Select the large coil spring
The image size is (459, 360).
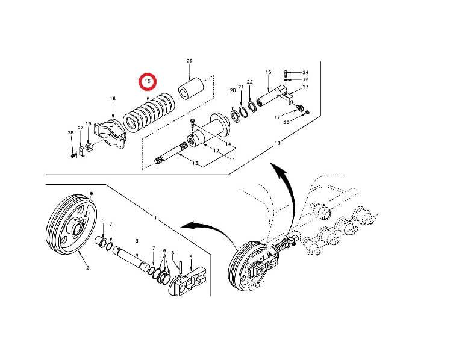[x=149, y=113]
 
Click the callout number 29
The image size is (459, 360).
[x=190, y=61]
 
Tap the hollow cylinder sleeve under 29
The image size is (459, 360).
[x=191, y=88]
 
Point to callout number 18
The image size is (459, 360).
[x=113, y=98]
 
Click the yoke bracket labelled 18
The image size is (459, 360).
[x=110, y=134]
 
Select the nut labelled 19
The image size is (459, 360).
[x=89, y=146]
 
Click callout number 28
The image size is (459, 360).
[x=70, y=133]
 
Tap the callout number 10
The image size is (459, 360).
[x=278, y=143]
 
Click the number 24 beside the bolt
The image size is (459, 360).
[x=305, y=72]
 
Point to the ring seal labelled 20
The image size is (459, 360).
[x=235, y=114]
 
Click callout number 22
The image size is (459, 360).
[x=250, y=82]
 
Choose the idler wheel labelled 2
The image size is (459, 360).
[x=72, y=225]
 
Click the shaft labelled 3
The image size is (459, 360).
[x=133, y=257]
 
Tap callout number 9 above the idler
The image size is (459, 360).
[x=92, y=194]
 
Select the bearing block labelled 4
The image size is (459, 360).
[x=188, y=281]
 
